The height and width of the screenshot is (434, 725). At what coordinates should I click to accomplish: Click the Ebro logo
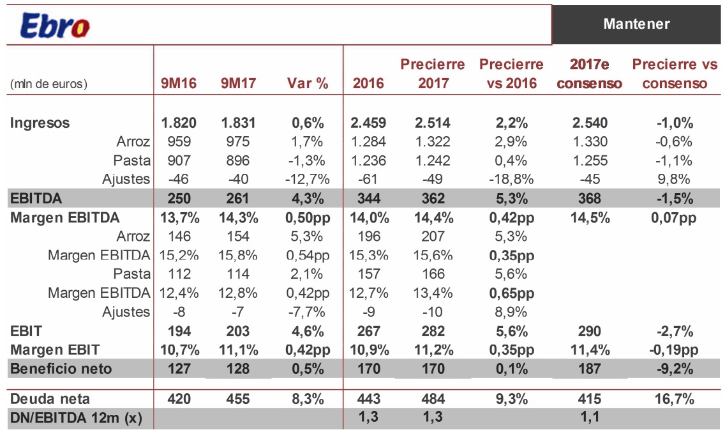55,25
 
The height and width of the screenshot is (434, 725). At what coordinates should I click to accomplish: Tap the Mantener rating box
636,24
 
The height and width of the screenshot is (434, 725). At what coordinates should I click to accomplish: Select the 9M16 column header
179,83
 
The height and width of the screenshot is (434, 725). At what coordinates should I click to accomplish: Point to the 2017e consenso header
589,74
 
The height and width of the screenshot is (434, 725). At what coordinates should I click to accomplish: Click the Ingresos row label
40,123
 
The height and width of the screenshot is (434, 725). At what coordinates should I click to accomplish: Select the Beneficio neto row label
61,368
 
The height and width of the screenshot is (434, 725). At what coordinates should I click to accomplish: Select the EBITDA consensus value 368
589,198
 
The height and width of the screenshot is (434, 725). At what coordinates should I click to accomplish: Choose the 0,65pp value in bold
511,293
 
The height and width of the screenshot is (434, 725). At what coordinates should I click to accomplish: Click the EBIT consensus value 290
589,331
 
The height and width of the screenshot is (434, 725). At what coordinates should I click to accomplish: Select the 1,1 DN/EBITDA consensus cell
589,417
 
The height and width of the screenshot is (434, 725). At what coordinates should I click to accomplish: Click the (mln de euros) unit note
49,84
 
